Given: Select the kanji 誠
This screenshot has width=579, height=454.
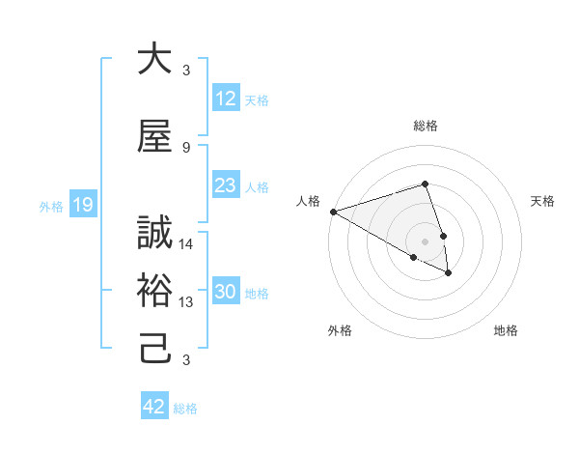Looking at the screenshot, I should (154, 233).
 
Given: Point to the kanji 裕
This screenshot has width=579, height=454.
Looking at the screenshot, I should (154, 291).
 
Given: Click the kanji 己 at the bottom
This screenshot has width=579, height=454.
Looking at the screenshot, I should (154, 348).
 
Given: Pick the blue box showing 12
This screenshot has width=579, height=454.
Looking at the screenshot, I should (225, 99).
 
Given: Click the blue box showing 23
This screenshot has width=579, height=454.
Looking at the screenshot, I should (225, 185).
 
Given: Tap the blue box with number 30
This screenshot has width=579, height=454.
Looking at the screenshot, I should (225, 293).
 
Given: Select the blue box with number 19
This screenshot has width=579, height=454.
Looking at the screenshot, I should (82, 204).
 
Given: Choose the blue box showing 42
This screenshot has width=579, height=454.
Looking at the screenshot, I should (154, 407).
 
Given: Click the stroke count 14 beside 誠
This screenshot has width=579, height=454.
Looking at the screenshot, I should (186, 244).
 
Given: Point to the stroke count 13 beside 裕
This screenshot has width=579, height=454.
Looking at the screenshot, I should (186, 302).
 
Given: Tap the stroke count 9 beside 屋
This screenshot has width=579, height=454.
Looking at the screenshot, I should (186, 147).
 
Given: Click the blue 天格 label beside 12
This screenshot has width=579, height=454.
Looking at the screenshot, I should (257, 99).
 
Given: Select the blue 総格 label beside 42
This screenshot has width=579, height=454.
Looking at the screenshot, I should (185, 409).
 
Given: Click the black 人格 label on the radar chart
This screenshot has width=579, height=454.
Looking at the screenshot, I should (309, 201).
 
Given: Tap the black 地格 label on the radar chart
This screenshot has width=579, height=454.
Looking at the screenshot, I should (506, 330).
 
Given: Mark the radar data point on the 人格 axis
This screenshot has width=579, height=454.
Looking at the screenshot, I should (332, 212).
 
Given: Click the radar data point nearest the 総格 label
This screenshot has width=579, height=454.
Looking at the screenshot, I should (425, 184).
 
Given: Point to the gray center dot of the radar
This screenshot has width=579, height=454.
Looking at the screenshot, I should (425, 241).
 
